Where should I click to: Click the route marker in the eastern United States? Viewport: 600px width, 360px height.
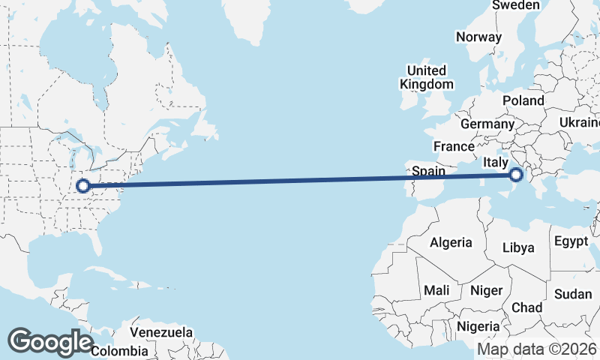(84, 185)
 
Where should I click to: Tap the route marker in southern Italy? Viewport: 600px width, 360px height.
(515, 175)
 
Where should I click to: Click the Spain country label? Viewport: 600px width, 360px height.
(430, 172)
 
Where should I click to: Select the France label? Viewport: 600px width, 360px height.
(454, 146)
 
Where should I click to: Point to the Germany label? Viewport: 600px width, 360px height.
(487, 124)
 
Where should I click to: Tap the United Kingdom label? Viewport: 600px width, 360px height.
(426, 77)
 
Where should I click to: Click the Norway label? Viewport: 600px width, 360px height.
(478, 37)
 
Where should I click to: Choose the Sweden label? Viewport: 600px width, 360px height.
(516, 5)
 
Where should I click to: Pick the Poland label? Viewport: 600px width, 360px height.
(523, 100)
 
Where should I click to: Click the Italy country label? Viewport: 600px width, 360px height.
(496, 162)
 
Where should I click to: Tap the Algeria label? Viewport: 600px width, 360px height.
(451, 242)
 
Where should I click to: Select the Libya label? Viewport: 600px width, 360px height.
(518, 247)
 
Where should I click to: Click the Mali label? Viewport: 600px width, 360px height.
(436, 290)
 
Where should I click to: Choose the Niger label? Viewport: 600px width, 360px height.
(485, 290)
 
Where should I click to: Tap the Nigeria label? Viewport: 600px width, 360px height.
(478, 326)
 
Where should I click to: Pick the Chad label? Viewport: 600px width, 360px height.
(526, 307)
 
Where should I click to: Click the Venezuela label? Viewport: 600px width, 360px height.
(161, 332)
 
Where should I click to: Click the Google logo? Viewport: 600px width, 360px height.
(50, 342)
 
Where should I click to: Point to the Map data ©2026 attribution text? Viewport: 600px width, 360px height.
(537, 349)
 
